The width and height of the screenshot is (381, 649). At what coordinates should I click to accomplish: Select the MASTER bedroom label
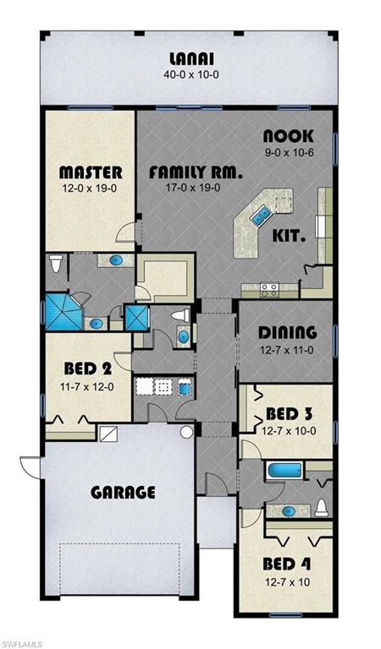(91, 172)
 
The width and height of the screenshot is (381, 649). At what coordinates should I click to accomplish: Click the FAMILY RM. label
(196, 172)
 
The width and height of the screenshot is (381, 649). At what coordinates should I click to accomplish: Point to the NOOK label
(288, 136)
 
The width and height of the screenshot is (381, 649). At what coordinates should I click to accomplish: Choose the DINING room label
(288, 332)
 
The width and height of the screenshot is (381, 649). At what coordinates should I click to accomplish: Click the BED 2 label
(88, 369)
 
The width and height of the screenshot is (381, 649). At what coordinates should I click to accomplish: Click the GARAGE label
(124, 492)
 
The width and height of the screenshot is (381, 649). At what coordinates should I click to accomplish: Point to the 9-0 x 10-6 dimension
(289, 152)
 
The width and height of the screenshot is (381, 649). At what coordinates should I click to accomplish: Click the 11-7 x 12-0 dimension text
(88, 385)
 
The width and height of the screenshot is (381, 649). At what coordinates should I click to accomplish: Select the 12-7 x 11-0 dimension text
(288, 348)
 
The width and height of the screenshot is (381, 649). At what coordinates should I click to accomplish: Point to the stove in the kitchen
(269, 289)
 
